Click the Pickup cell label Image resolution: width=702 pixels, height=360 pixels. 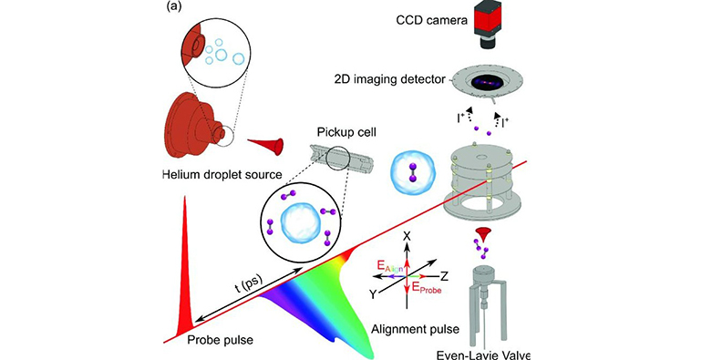coord(339,133)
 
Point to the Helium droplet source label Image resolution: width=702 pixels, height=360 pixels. coord(222,174)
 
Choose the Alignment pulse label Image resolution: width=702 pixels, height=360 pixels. coord(415,330)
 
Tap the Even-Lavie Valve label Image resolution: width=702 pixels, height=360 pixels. coord(483,355)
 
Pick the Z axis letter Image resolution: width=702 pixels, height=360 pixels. coord(445,275)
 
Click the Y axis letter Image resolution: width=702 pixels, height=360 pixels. coord(372,293)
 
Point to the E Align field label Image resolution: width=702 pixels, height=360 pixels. coord(390,268)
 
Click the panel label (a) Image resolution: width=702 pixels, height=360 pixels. coord(174,7)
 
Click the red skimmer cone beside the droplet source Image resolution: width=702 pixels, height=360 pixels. coord(266,147)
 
